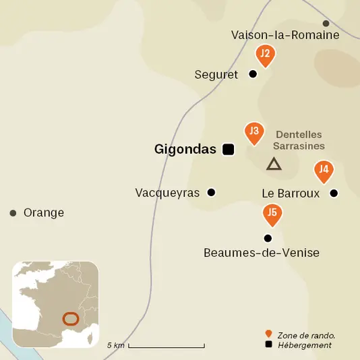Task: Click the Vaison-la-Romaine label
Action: pos(284,35)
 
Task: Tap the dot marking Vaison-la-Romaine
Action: pos(326,24)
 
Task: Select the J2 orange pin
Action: pos(266,55)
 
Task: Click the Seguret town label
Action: pos(216,75)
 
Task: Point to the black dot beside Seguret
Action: pos(253,74)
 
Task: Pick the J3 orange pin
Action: pos(254,132)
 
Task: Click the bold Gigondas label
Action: pos(185,149)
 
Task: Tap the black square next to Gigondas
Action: pos(229,150)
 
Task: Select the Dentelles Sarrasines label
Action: pos(300,140)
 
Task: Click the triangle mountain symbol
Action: pos(273,164)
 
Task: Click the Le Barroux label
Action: pos(291,193)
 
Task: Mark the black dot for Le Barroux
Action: pos(333,193)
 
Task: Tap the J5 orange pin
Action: pos(272,214)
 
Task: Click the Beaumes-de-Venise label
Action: pos(261,253)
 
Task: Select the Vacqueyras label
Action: pos(167,193)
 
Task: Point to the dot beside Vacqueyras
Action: pos(211,192)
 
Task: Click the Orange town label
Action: pos(44,213)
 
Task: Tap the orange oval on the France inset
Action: pos(69,318)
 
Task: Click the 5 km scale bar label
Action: pos(116,345)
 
